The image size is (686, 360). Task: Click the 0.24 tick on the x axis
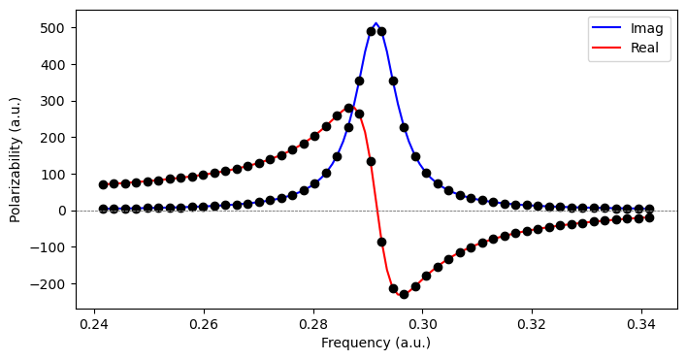click(94, 323)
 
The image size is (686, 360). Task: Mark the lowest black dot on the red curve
click(404, 293)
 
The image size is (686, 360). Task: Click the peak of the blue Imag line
click(376, 23)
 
